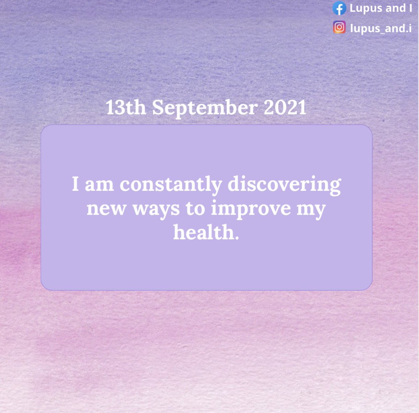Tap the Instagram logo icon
[339, 28]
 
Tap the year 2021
[285, 108]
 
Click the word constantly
[171, 184]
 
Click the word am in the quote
[99, 185]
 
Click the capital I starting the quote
[75, 184]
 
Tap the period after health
[237, 237]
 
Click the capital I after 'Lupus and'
[410, 8]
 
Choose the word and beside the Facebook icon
[395, 8]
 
